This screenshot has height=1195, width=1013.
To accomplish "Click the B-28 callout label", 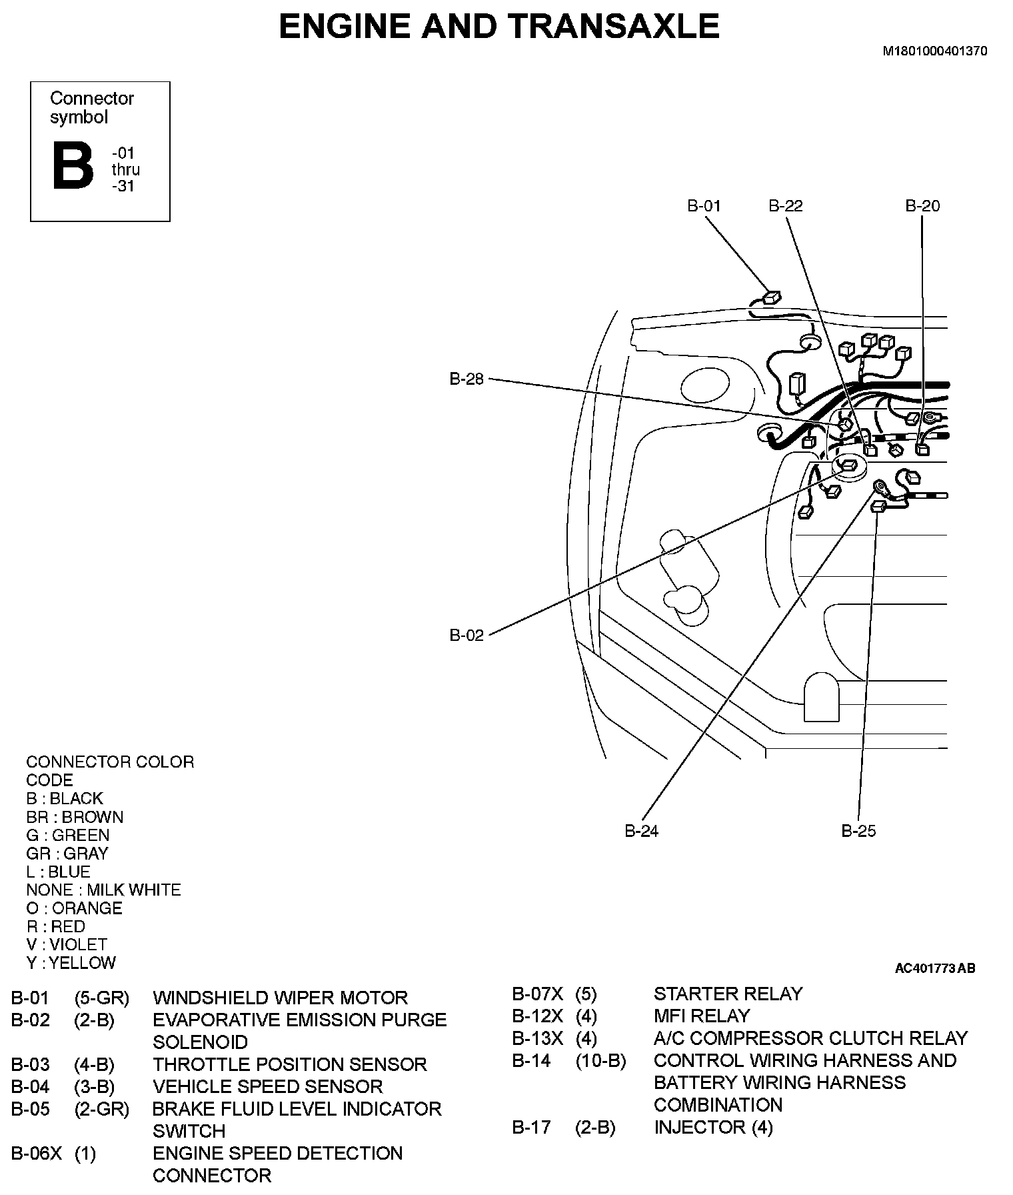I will [x=467, y=379].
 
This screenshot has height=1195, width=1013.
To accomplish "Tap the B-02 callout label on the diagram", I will [x=467, y=635].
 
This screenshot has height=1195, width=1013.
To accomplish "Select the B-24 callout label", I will [x=641, y=831].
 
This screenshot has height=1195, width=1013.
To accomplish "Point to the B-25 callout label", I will [x=858, y=831].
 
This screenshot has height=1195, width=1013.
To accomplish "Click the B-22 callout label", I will [x=786, y=206].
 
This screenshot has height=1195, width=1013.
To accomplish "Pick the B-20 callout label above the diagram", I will [x=922, y=206].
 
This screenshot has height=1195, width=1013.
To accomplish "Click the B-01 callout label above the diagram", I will [x=704, y=206].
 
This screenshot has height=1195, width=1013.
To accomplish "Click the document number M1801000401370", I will [x=935, y=51].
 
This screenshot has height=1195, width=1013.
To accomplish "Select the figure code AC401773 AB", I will [x=935, y=968].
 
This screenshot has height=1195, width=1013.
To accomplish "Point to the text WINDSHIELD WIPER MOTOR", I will [x=280, y=998].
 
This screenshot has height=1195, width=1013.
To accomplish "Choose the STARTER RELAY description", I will [x=728, y=994].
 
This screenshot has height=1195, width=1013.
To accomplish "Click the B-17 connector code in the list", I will [x=531, y=1128].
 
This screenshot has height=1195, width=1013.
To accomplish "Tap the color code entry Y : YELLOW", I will [x=71, y=963].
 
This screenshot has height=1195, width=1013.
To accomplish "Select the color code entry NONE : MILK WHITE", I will [x=103, y=890].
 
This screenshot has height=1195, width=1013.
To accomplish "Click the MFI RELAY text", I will [x=702, y=1016].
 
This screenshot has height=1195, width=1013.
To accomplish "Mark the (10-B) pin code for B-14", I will [x=600, y=1061].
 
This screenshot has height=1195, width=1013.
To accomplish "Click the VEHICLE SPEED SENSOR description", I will [x=267, y=1087].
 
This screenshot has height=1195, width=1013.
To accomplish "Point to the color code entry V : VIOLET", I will [x=67, y=945].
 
